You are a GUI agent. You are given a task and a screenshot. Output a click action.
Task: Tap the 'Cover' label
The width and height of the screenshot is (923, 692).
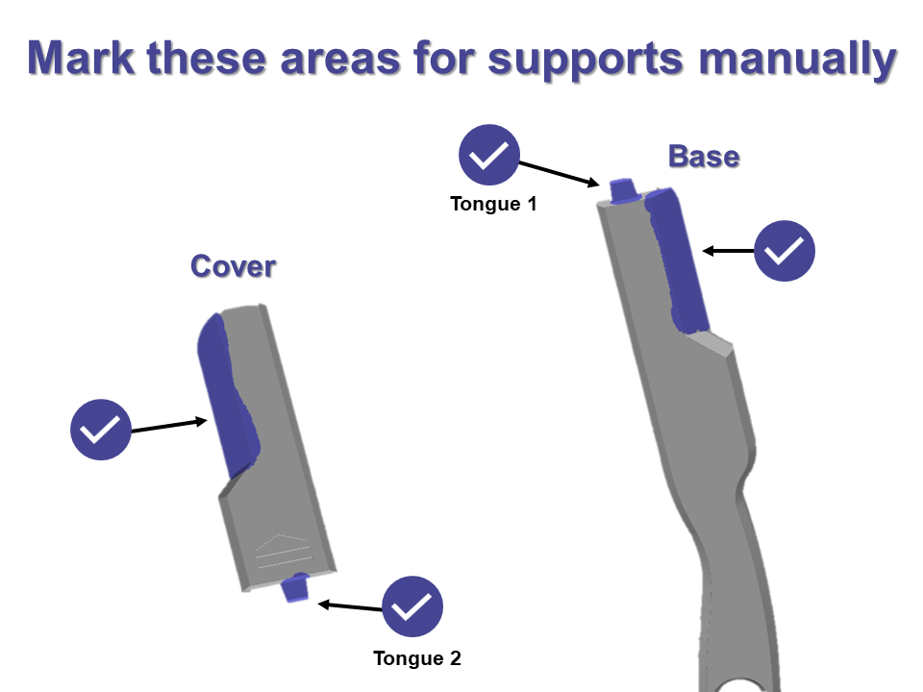pyautogui.click(x=233, y=266)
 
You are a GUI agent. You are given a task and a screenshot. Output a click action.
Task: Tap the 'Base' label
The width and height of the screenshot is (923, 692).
pyautogui.click(x=704, y=156)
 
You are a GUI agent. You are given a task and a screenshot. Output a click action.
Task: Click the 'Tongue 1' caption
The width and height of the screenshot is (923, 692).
pyautogui.click(x=493, y=204)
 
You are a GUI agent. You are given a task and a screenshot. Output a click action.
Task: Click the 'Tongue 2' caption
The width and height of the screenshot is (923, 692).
pyautogui.click(x=417, y=658)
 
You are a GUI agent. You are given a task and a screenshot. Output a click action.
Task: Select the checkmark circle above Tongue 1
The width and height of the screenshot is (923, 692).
pyautogui.click(x=489, y=155)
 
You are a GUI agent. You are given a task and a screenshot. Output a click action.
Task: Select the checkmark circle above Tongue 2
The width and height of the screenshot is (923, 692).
pyautogui.click(x=412, y=606)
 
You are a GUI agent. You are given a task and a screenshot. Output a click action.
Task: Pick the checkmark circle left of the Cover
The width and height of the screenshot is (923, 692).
pyautogui.click(x=101, y=429)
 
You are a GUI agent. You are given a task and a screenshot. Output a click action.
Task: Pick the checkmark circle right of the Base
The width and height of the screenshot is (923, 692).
pyautogui.click(x=785, y=252)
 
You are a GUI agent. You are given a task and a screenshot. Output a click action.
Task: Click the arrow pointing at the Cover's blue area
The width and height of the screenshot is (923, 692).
pyautogui.click(x=169, y=426)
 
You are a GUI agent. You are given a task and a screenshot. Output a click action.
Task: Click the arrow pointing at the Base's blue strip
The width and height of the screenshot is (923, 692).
pyautogui.click(x=728, y=251)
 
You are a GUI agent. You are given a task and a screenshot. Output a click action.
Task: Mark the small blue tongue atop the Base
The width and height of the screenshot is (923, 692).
pyautogui.click(x=622, y=189)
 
